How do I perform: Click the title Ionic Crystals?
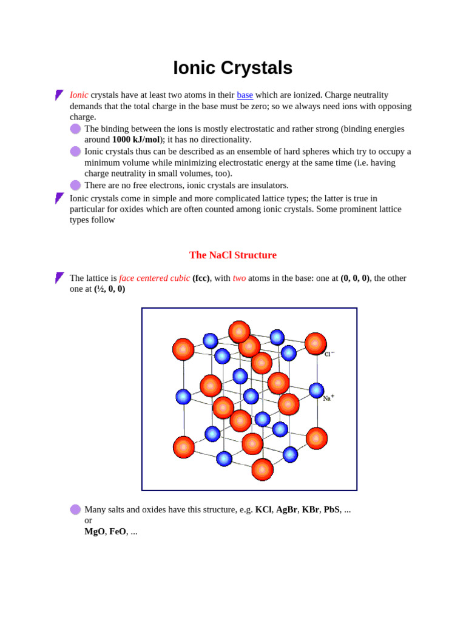[232, 68]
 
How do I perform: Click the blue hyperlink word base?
[245, 95]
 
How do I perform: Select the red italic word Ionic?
[79, 95]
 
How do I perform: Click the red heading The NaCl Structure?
[233, 255]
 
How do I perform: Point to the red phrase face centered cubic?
[154, 278]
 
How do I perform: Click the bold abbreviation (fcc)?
[201, 278]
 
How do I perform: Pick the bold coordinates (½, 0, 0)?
[109, 289]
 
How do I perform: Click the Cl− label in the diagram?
[329, 354]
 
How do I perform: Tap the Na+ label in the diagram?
[328, 398]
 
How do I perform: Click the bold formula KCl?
[263, 510]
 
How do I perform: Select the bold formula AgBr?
[286, 510]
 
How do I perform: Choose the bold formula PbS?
[331, 510]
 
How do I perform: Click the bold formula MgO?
[94, 532]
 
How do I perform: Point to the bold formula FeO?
[118, 532]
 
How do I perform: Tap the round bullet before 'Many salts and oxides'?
[75, 510]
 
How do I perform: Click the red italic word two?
[239, 278]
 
